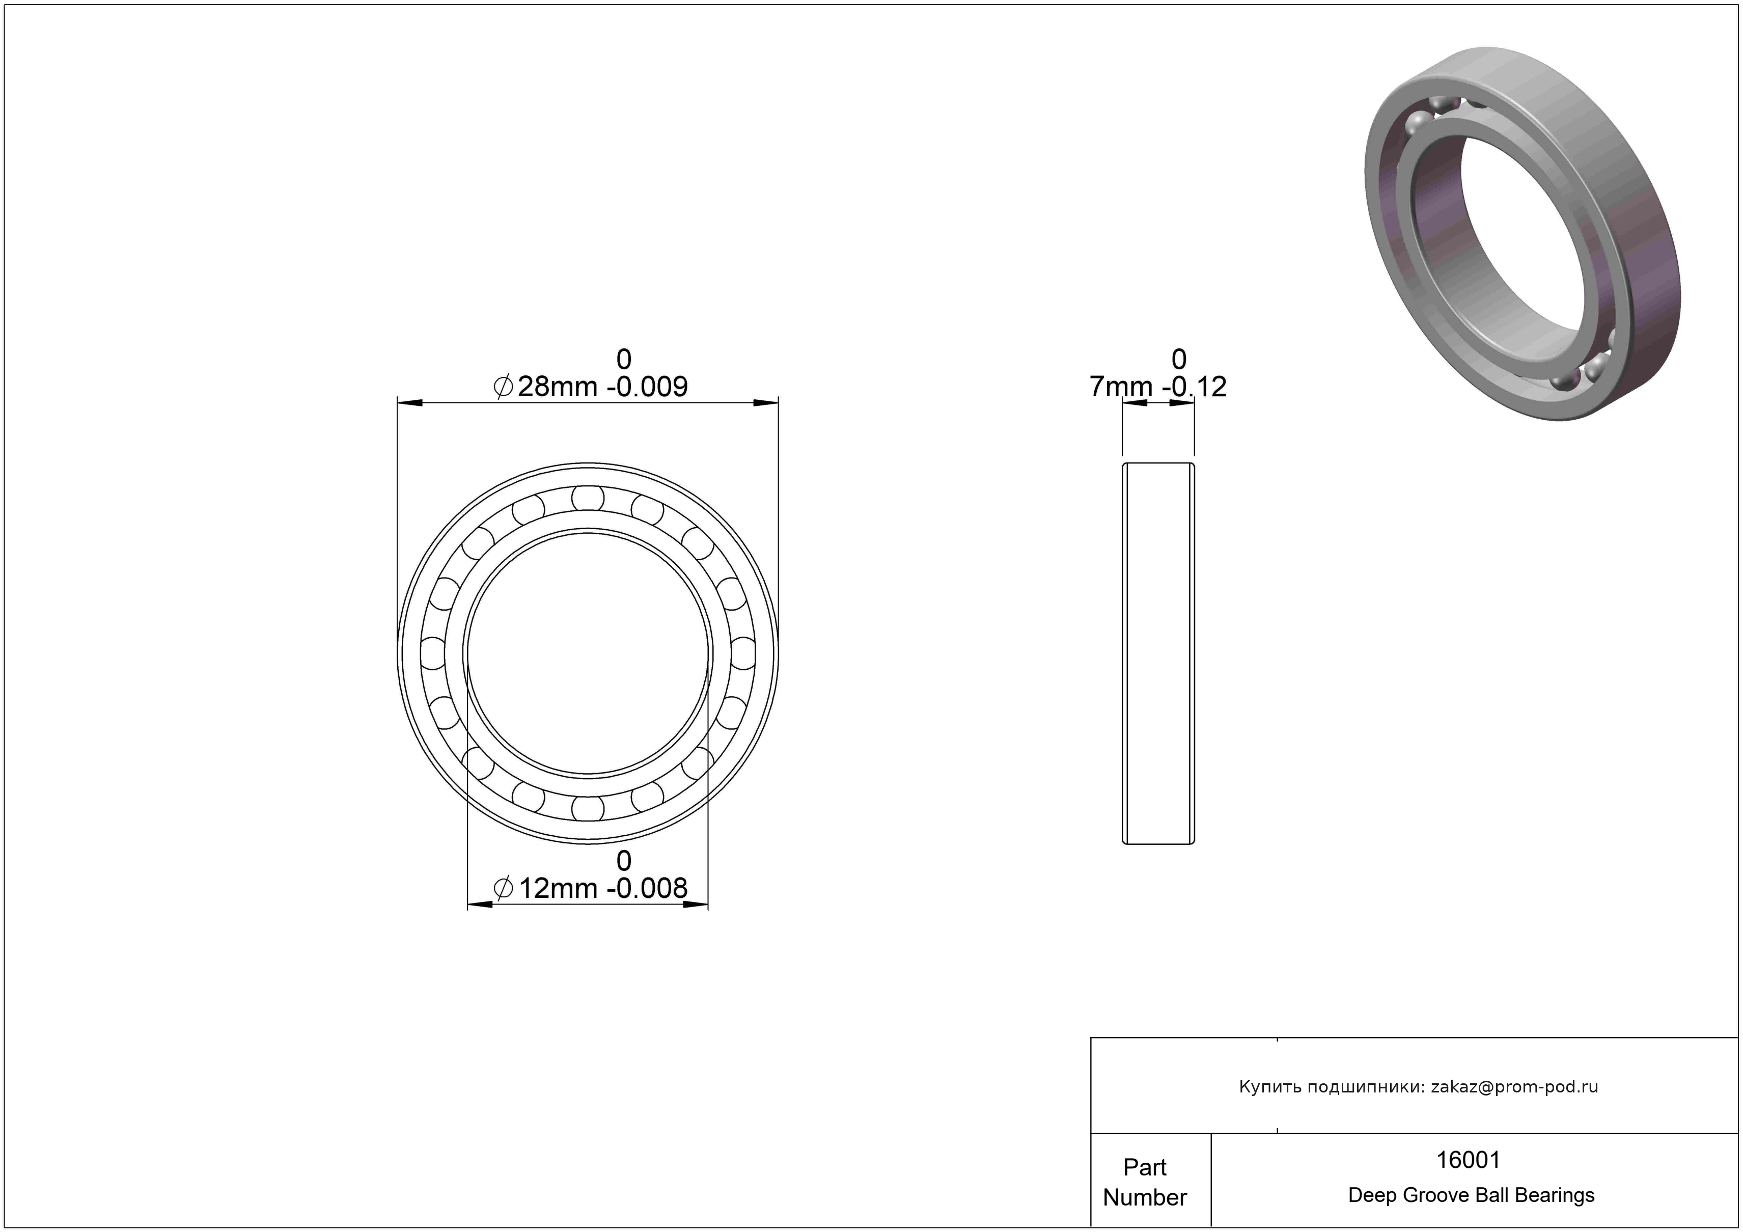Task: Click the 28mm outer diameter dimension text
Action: click(x=591, y=387)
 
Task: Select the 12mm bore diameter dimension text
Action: click(x=591, y=887)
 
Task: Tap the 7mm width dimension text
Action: click(x=1158, y=387)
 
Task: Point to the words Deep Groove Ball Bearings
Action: click(x=1471, y=1195)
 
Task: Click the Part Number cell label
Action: click(x=1145, y=1182)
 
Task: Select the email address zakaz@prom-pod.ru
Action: click(x=1514, y=1086)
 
